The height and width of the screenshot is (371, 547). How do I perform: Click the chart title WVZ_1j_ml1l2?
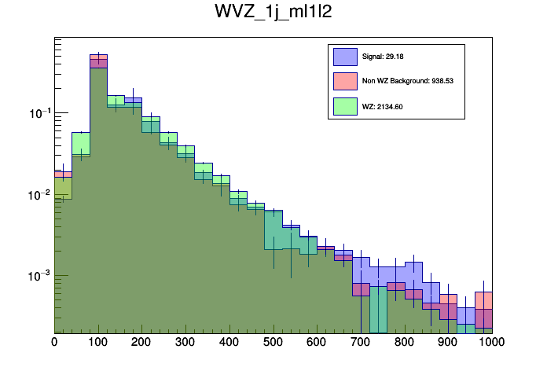click(x=273, y=13)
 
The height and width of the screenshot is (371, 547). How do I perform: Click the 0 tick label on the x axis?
click(x=54, y=342)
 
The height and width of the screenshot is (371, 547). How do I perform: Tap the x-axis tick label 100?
click(x=98, y=342)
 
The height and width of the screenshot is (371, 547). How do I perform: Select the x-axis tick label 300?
click(x=185, y=342)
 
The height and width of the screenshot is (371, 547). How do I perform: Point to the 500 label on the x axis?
click(x=273, y=342)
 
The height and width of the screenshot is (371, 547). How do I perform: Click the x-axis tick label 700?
click(x=361, y=342)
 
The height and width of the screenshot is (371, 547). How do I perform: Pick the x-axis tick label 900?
click(x=449, y=342)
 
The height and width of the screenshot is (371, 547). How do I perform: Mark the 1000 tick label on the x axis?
click(x=493, y=342)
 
